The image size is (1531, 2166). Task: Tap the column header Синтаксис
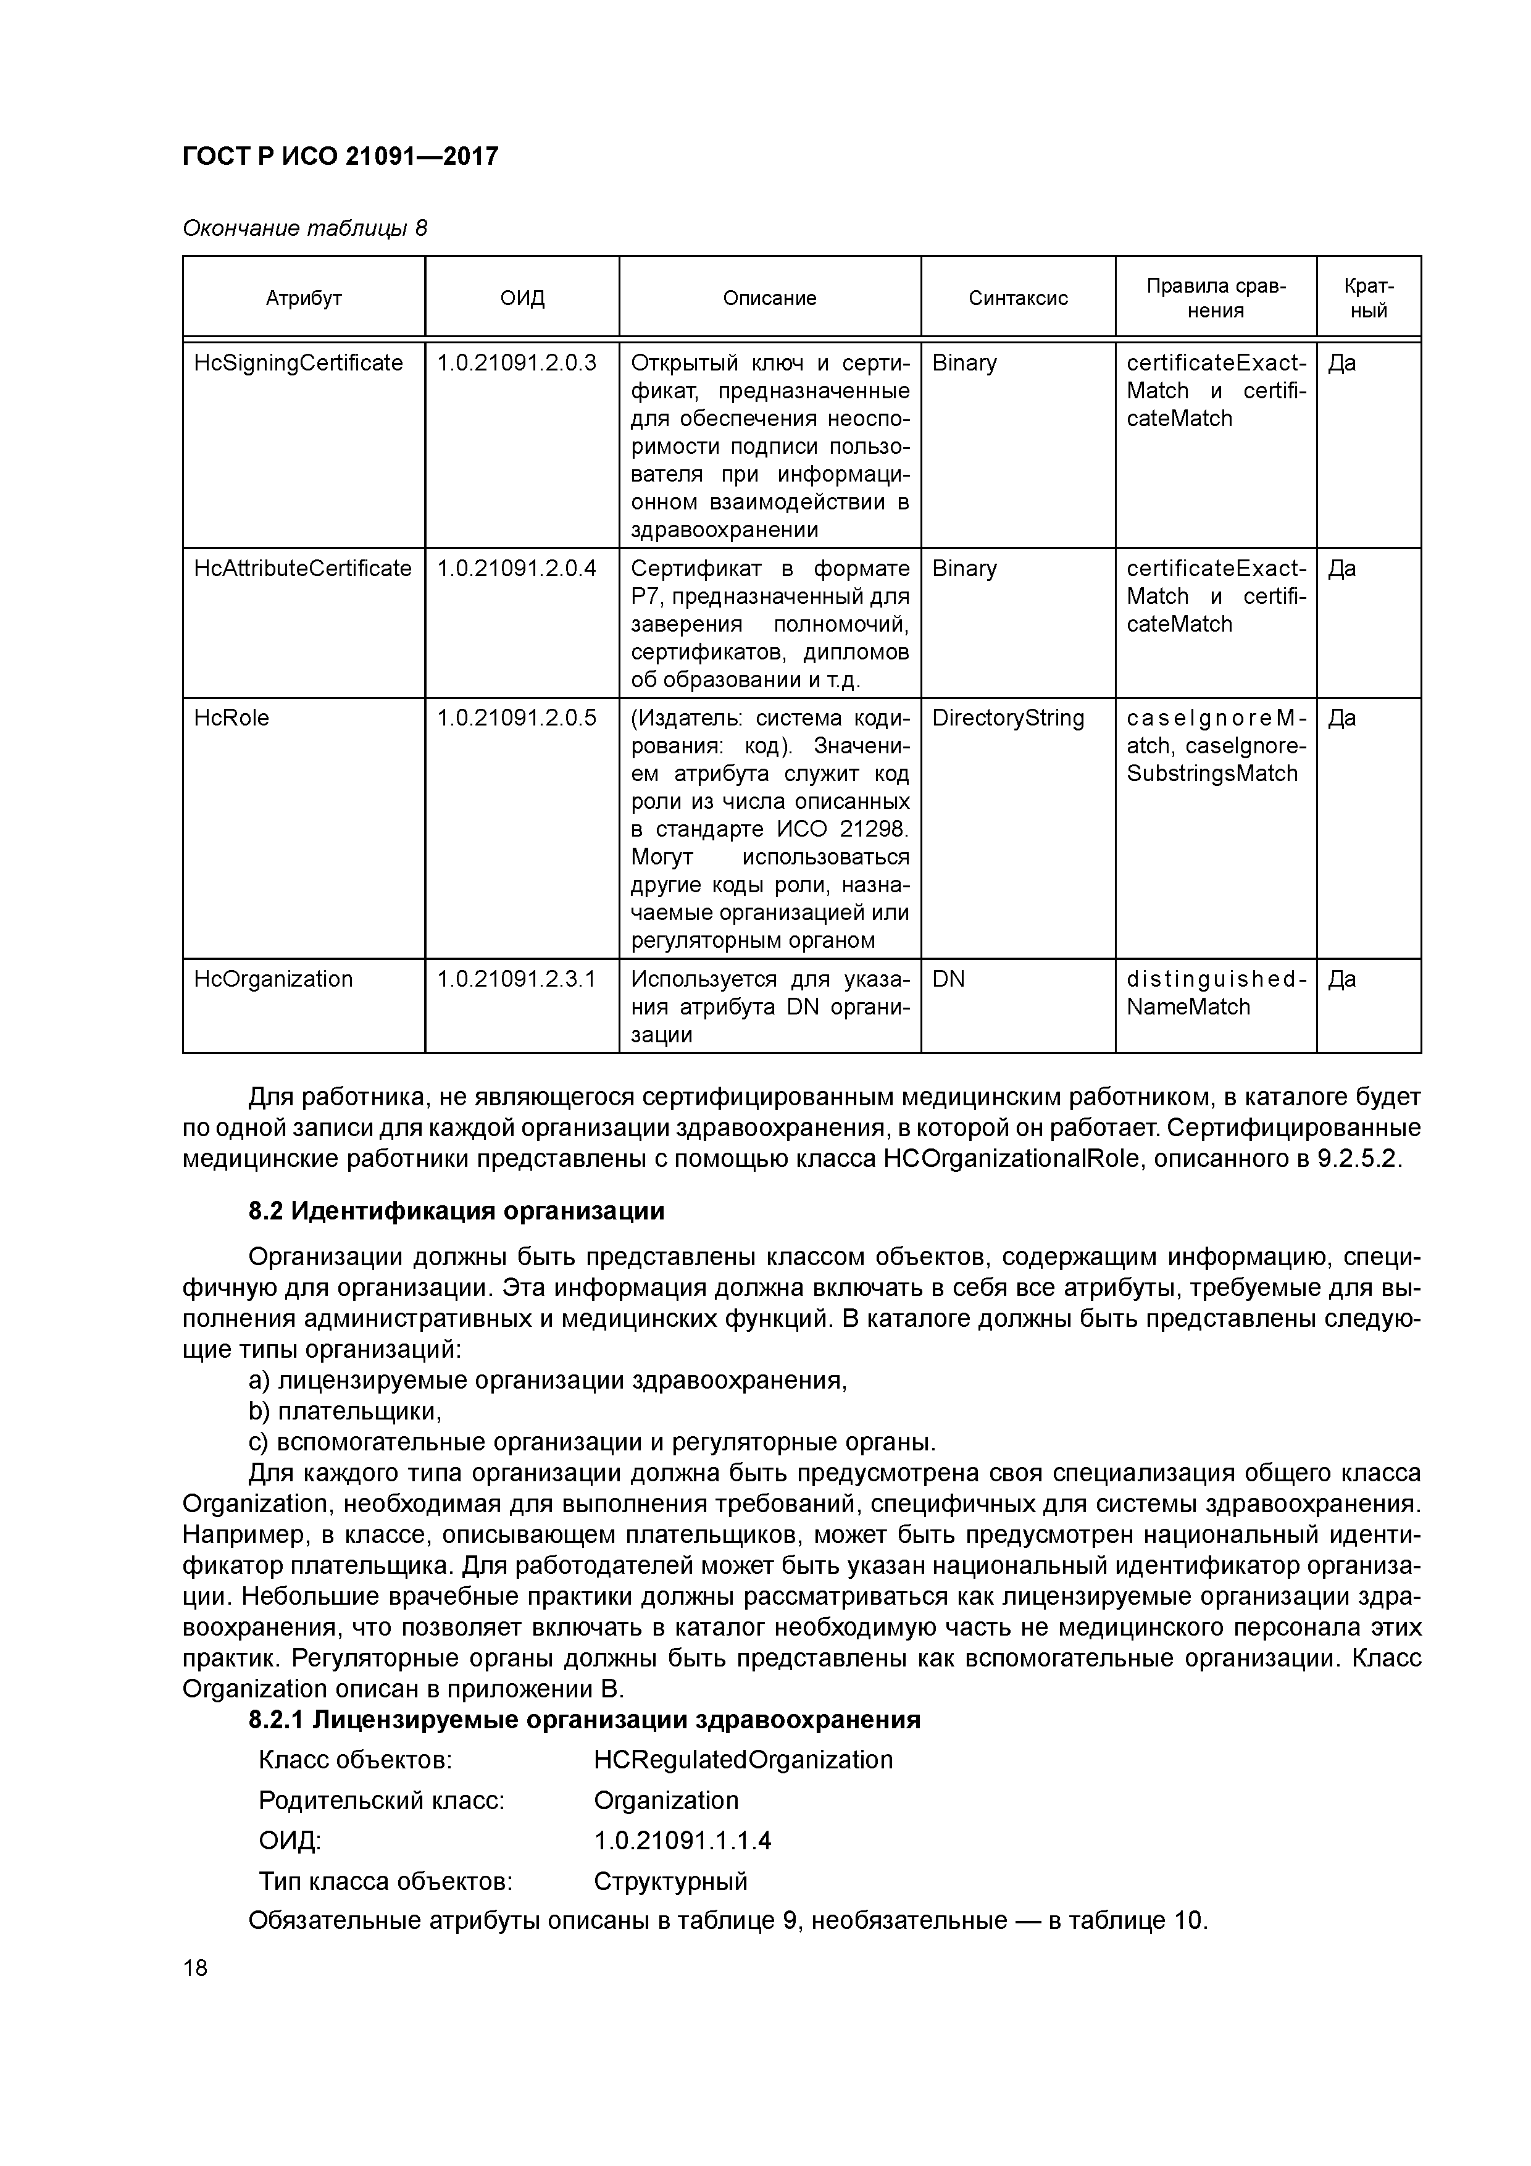[1018, 298]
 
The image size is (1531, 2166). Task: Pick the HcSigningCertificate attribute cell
[298, 363]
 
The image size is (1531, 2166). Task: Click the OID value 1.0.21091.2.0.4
[516, 569]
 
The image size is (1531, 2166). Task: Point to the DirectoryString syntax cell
[1007, 718]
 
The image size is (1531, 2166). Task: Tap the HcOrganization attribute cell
[273, 979]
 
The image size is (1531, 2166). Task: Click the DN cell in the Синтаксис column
[948, 979]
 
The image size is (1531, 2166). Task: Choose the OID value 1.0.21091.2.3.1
[516, 979]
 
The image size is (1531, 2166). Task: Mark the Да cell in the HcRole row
[1341, 718]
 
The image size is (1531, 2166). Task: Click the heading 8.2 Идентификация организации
[457, 1211]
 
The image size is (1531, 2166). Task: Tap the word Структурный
[670, 1881]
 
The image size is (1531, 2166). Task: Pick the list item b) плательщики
[345, 1411]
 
